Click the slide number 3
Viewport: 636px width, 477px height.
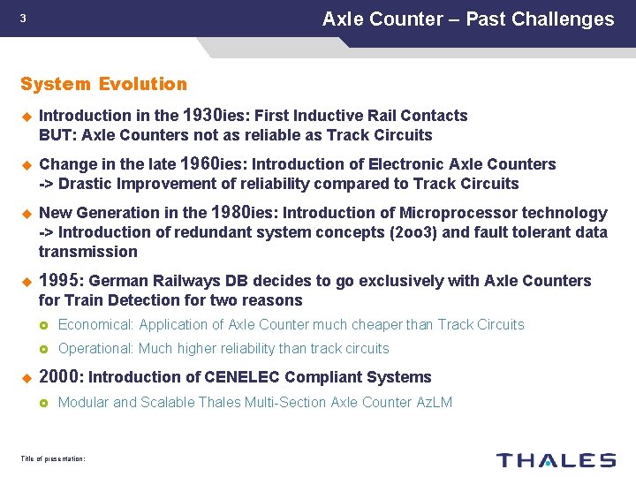pyautogui.click(x=23, y=19)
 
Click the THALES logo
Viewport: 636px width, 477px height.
pyautogui.click(x=556, y=459)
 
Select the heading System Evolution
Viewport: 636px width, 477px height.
pyautogui.click(x=103, y=84)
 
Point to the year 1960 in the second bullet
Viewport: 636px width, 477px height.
pyautogui.click(x=202, y=163)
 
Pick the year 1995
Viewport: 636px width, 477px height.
pyautogui.click(x=60, y=280)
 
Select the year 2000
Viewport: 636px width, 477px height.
pyautogui.click(x=60, y=377)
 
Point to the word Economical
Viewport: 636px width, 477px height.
pyautogui.click(x=95, y=325)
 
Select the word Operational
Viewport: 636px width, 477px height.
pyautogui.click(x=95, y=349)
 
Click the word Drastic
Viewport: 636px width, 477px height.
pyautogui.click(x=86, y=184)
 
